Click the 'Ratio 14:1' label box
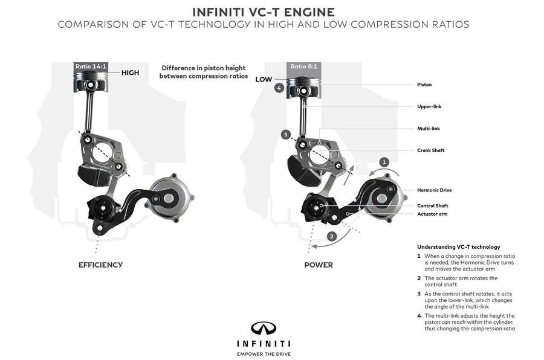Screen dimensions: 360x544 [91, 66]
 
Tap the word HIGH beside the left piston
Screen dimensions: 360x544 [130, 72]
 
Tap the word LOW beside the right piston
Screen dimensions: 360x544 [264, 79]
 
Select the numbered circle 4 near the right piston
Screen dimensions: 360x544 [279, 88]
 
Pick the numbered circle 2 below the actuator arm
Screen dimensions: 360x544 [331, 236]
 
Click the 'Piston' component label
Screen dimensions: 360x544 [424, 85]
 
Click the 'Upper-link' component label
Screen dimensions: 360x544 [429, 106]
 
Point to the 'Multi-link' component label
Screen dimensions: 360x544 [428, 128]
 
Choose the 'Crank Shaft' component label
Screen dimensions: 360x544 [430, 150]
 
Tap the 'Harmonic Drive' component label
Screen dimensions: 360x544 [434, 190]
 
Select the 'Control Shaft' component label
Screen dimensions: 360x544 [432, 205]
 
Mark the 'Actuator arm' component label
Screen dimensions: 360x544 [432, 214]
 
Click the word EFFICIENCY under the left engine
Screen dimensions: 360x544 [100, 265]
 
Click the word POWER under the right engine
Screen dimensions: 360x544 [319, 265]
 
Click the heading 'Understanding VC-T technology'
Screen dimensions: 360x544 [458, 246]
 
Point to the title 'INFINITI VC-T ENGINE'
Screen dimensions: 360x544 [262, 11]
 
